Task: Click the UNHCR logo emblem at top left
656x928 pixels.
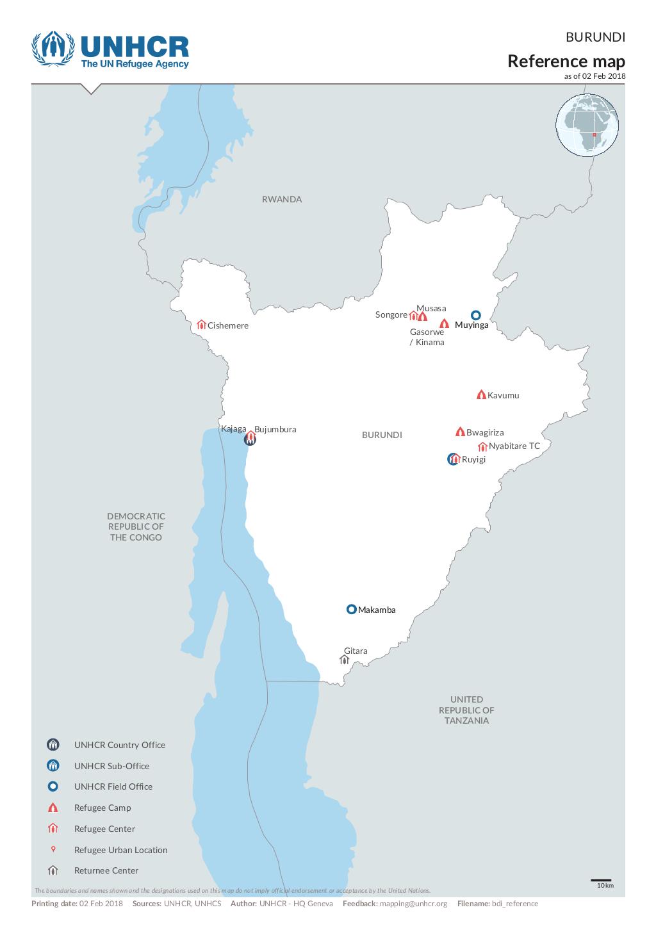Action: (x=53, y=49)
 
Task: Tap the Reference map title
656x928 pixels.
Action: (x=566, y=61)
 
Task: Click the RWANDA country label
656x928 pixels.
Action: (x=281, y=199)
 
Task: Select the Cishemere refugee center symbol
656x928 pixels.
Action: (x=201, y=325)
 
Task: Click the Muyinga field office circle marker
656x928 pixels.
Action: (x=475, y=315)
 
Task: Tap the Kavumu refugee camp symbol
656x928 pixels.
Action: (x=480, y=395)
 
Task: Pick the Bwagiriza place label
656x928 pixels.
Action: (x=485, y=432)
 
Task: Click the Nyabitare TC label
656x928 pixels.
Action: (x=514, y=446)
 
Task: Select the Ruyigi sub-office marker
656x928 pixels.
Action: (x=453, y=459)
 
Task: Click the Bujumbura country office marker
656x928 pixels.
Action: (x=250, y=439)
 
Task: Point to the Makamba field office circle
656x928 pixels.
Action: (x=351, y=609)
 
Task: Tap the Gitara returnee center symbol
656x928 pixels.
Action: (x=344, y=660)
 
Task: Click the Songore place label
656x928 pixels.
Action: (x=391, y=314)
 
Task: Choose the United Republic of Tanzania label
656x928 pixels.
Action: (x=466, y=710)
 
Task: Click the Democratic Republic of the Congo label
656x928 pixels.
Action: (x=136, y=526)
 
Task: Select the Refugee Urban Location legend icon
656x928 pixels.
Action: (x=53, y=849)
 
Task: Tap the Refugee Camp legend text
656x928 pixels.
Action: (x=102, y=808)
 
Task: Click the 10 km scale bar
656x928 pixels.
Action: (x=600, y=881)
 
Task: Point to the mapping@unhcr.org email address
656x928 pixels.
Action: (x=413, y=904)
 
